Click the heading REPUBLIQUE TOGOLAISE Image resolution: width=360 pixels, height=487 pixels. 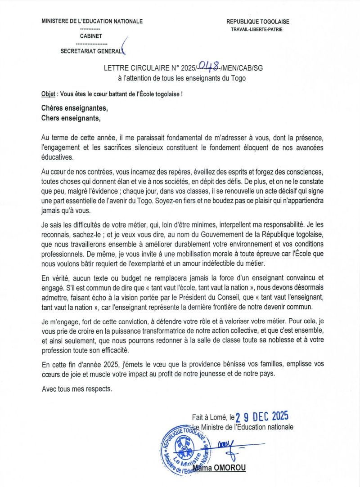[257, 21]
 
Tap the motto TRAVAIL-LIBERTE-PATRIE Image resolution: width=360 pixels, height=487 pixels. [257, 30]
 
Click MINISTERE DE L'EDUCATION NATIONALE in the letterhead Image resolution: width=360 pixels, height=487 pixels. [92, 21]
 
